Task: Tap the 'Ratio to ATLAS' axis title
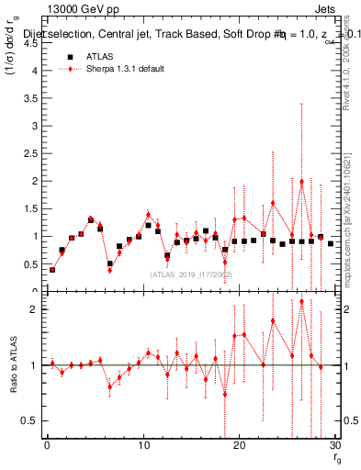point(13,364)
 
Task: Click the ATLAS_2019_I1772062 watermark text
point(190,274)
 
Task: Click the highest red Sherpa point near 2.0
point(301,181)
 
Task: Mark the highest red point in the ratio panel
point(301,301)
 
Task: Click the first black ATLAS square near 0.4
point(52,269)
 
